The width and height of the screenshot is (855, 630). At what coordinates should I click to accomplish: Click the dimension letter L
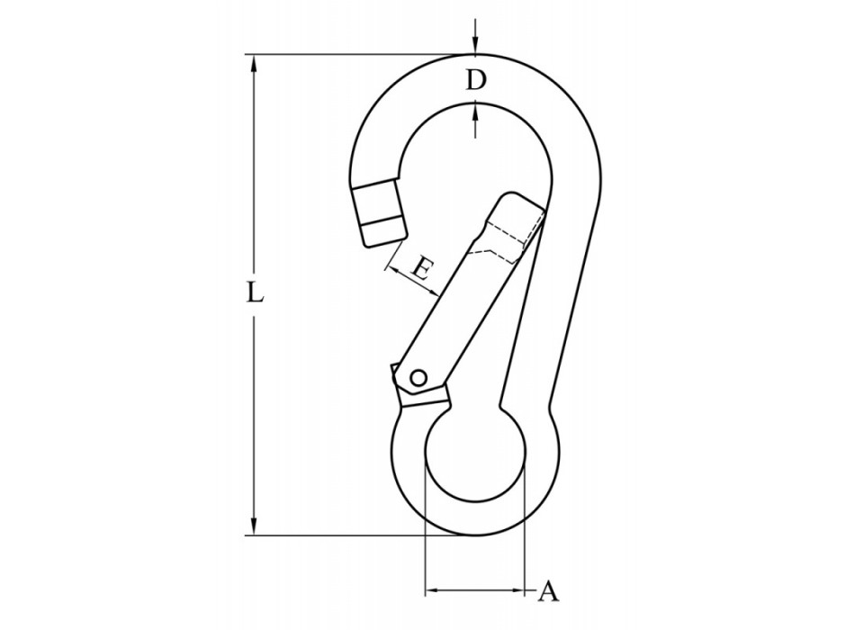tap(256, 294)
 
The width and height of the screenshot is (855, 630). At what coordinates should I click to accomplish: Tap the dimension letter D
tap(475, 80)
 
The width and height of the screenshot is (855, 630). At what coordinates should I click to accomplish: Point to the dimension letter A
tap(549, 591)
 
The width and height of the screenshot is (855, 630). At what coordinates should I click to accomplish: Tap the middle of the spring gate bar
tap(459, 301)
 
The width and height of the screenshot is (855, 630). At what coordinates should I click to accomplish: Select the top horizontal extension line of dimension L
tap(360, 55)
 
